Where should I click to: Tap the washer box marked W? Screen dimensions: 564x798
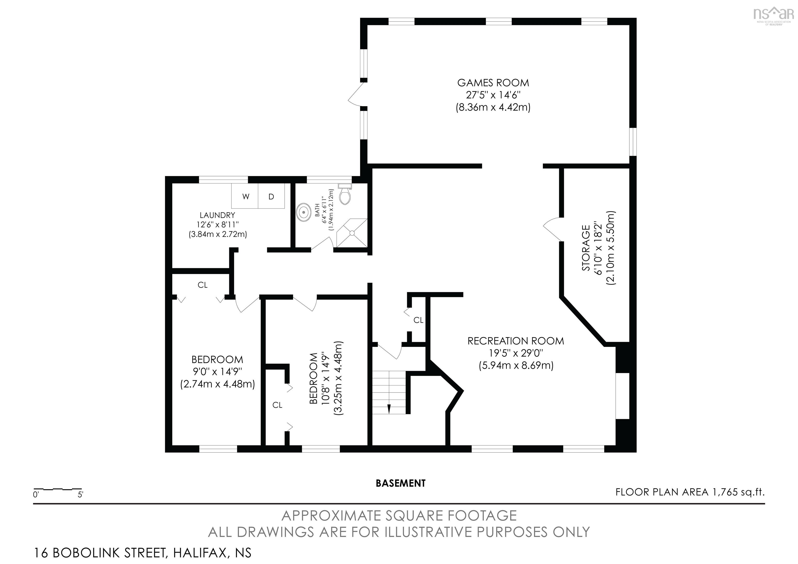pyautogui.click(x=245, y=196)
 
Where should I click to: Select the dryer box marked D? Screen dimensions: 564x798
pyautogui.click(x=271, y=196)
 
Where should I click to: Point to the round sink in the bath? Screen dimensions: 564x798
pyautogui.click(x=304, y=212)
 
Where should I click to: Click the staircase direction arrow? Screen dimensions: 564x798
pyautogui.click(x=389, y=409)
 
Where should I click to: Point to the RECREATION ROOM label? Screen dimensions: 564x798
pyautogui.click(x=516, y=341)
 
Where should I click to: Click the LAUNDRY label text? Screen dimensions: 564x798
pyautogui.click(x=217, y=215)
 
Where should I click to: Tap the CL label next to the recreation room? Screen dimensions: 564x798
pyautogui.click(x=418, y=320)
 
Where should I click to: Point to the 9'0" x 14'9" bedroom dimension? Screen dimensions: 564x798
pyautogui.click(x=217, y=371)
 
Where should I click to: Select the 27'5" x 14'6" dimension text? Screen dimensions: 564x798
pyautogui.click(x=493, y=95)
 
